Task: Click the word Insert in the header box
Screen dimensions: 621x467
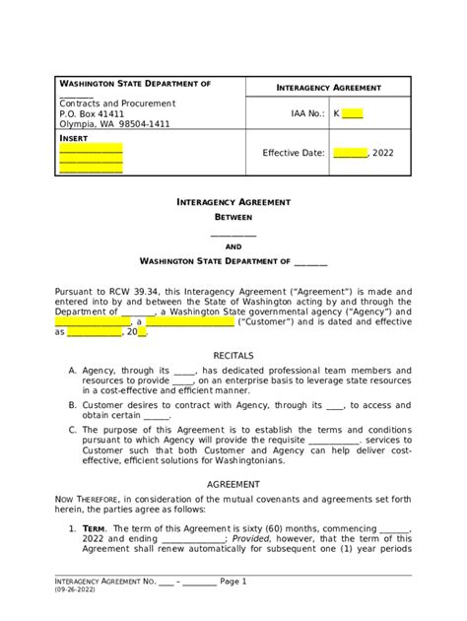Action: tap(75, 139)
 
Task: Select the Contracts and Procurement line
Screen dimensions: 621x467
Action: tap(117, 103)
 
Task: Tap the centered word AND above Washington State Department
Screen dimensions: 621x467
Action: tap(233, 247)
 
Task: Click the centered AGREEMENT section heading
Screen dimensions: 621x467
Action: tap(233, 485)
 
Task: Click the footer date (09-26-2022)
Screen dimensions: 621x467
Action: tap(76, 591)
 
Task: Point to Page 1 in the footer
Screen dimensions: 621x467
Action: tap(233, 582)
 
